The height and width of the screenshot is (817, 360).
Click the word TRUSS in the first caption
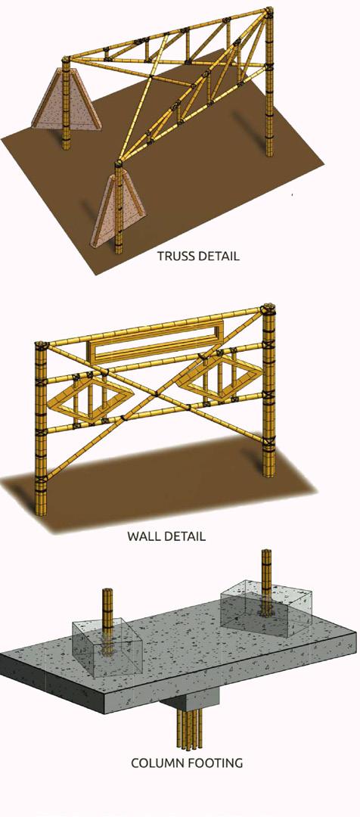174,256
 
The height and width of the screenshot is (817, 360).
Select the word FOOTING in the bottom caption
216,763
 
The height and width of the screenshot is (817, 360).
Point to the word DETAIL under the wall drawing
183,536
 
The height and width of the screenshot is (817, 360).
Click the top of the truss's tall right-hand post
268,11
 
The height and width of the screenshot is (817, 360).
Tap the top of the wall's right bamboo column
268,307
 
